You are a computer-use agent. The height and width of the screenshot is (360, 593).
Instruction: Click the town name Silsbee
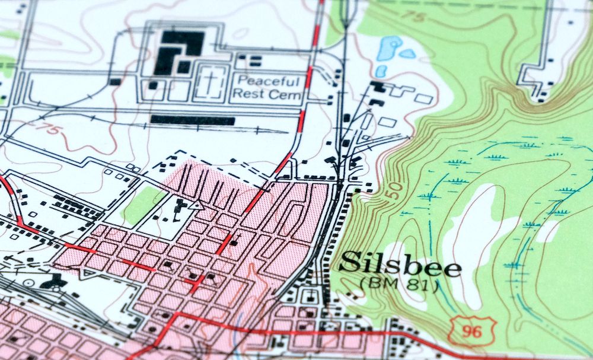(x=401, y=266)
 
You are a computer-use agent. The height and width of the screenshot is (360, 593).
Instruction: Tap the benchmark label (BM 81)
(x=398, y=286)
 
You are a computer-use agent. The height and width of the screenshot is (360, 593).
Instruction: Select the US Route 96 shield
(x=467, y=328)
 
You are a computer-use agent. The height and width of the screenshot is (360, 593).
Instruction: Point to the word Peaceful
(x=269, y=81)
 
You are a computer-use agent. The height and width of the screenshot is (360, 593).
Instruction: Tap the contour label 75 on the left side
(x=52, y=129)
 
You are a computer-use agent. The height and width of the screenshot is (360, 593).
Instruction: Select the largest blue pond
(x=389, y=49)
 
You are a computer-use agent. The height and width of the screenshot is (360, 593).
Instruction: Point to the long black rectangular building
(x=192, y=120)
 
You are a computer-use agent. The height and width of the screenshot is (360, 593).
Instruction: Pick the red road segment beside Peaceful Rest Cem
(x=308, y=77)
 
